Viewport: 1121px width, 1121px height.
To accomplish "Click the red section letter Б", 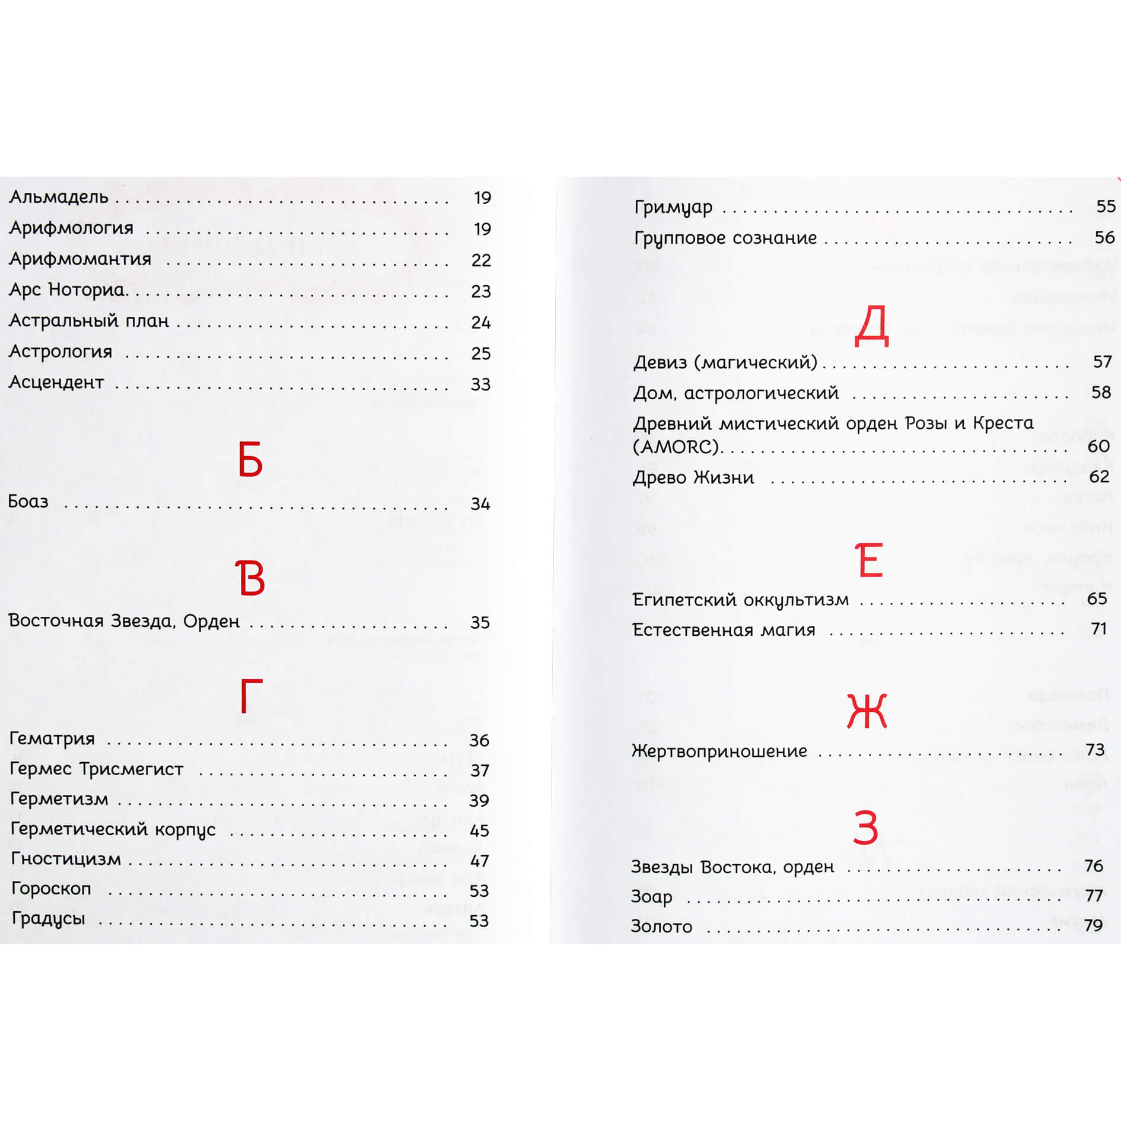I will coord(250,460).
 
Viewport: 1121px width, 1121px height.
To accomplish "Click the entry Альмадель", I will coord(59,197).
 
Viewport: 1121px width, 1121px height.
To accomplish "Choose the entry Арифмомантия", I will coord(80,259).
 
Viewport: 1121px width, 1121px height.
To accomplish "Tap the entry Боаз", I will coord(28,502).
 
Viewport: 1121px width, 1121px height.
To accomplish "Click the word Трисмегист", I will coord(131,769).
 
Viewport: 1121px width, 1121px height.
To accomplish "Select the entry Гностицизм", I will coord(66,859).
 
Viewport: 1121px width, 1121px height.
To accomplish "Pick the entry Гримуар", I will coord(673,207).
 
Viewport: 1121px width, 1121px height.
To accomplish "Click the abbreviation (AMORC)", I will coord(676,447).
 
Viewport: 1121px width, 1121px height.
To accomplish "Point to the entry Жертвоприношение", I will coord(719,751).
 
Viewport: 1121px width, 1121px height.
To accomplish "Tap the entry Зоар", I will coord(651,896).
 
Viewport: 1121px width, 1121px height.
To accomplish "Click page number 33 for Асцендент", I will coord(480,384).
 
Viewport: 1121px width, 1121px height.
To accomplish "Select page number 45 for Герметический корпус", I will coord(479,830).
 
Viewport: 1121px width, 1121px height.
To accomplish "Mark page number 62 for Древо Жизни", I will coord(1099,477).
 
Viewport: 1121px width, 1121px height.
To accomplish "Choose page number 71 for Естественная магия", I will coord(1099,629).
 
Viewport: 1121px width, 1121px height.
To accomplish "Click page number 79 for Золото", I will coord(1093,925).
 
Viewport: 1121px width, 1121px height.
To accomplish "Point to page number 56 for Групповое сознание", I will coord(1104,238).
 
